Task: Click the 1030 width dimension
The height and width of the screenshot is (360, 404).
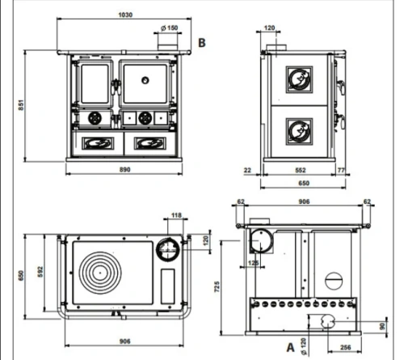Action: [125, 15]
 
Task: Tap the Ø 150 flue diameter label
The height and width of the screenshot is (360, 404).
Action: [169, 28]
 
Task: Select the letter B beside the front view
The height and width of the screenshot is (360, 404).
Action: [202, 43]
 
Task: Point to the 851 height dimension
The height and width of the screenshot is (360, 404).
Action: [21, 105]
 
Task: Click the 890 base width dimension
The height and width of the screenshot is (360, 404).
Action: [124, 169]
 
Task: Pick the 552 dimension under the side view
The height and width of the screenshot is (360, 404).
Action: [301, 170]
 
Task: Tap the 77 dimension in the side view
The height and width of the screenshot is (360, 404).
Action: [341, 170]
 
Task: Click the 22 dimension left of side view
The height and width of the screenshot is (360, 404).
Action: [247, 170]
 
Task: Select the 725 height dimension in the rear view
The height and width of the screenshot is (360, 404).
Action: [217, 286]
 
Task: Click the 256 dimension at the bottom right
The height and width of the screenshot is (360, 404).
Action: [345, 347]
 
